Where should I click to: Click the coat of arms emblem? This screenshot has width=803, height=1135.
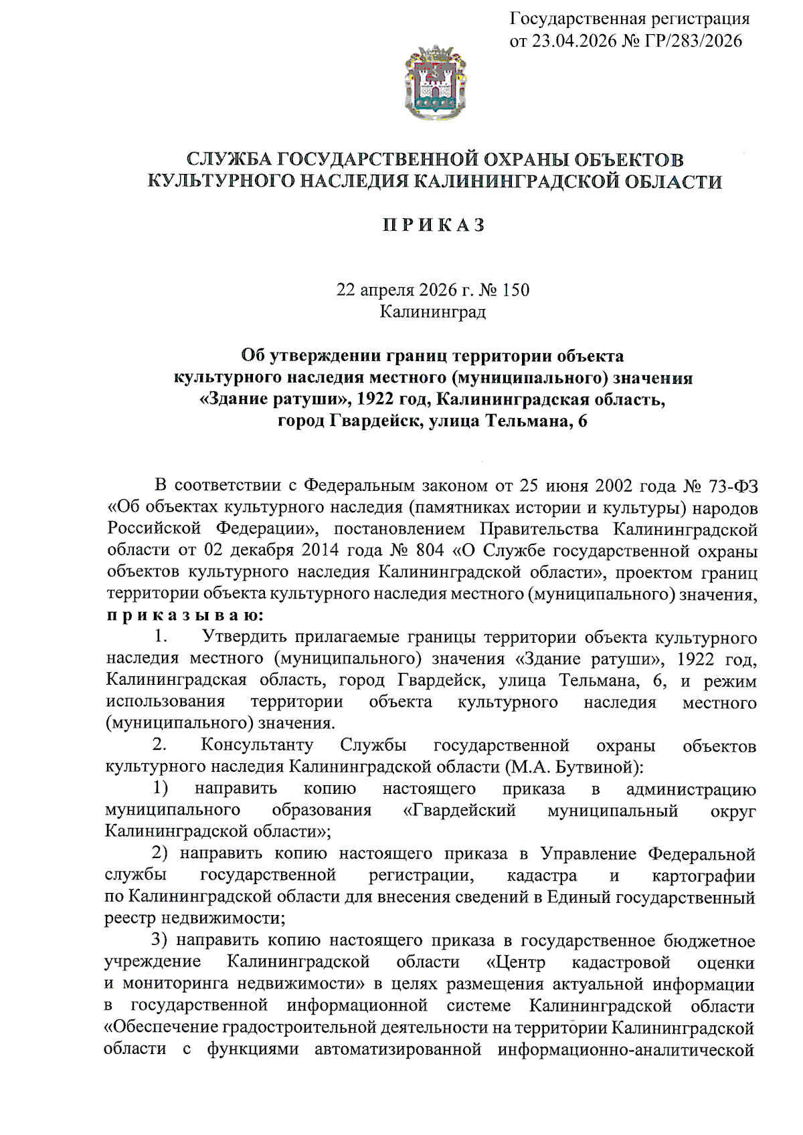pos(435,83)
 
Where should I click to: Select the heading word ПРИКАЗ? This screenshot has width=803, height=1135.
pos(434,225)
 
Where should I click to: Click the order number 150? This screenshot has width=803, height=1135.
pos(516,290)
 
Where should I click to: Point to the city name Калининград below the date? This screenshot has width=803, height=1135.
pos(433,312)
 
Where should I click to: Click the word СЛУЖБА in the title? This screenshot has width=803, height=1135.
pos(228,160)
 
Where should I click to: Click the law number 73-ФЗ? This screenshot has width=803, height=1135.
pos(732,486)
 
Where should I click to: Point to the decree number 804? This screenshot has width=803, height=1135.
pos(430,550)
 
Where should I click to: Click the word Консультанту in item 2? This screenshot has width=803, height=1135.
pos(257,745)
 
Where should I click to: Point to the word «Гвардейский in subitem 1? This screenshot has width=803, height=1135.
pos(460,810)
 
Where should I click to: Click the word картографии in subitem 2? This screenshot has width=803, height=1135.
pos(703,875)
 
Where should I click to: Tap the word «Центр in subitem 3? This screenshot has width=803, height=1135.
pos(515,962)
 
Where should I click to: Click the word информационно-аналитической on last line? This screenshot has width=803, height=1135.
pos(626,1049)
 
